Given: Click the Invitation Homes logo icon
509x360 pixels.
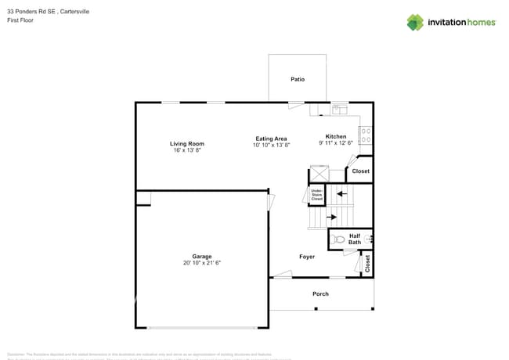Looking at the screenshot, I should pyautogui.click(x=415, y=22).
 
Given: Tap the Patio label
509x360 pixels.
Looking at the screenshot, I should pyautogui.click(x=298, y=79).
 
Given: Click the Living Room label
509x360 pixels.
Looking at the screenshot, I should pyautogui.click(x=187, y=143).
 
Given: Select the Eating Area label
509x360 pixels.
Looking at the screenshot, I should pyautogui.click(x=271, y=139).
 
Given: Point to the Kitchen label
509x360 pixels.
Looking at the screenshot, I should pyautogui.click(x=336, y=136).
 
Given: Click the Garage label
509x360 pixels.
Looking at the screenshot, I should pyautogui.click(x=202, y=256).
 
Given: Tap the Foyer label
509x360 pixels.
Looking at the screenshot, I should pyautogui.click(x=307, y=256).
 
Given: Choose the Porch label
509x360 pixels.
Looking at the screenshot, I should pyautogui.click(x=320, y=293).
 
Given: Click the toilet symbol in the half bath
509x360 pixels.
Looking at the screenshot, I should pyautogui.click(x=338, y=239).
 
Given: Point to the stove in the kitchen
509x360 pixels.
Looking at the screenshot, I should pyautogui.click(x=366, y=135).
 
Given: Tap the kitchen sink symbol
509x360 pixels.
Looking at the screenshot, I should pyautogui.click(x=340, y=110).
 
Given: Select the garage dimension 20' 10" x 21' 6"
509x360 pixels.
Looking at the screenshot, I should pyautogui.click(x=202, y=263).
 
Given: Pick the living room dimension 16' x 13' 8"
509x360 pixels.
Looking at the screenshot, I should pyautogui.click(x=187, y=149).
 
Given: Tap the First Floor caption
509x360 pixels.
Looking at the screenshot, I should pyautogui.click(x=20, y=20).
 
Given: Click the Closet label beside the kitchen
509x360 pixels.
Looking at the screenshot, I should pyautogui.click(x=360, y=171).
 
